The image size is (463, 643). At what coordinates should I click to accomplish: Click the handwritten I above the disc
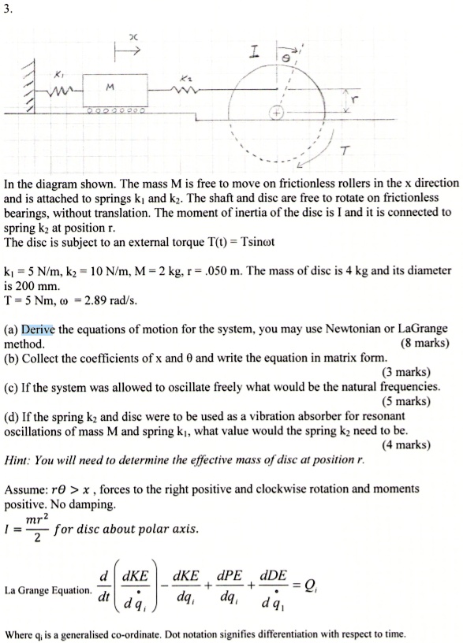(x=255, y=52)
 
